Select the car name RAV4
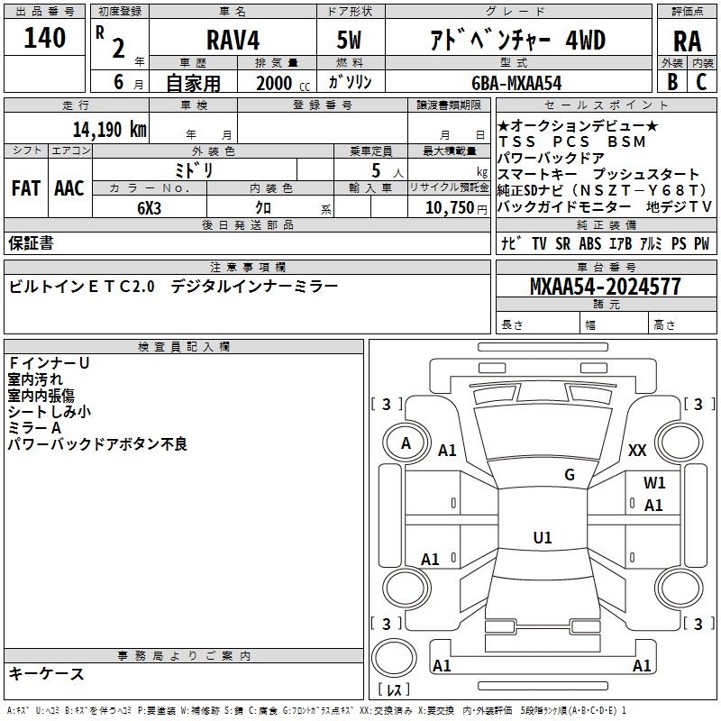click(232, 40)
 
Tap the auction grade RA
click(688, 41)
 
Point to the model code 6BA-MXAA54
click(516, 83)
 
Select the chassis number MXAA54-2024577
click(605, 287)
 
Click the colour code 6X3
click(150, 207)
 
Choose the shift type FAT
click(26, 188)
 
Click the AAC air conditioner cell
click(69, 188)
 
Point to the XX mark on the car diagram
click(637, 451)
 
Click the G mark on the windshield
click(570, 475)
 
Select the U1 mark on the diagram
click(543, 538)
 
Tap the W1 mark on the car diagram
click(654, 483)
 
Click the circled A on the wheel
click(406, 443)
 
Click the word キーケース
click(47, 673)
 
